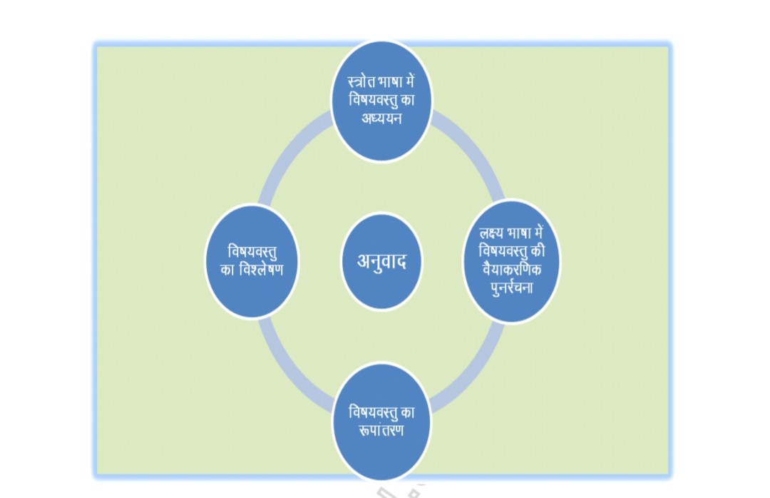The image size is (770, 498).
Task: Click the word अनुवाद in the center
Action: point(381,261)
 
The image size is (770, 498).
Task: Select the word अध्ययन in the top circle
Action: point(381,118)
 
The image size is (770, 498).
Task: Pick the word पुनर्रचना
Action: point(510,287)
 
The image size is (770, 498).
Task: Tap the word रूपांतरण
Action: point(381,430)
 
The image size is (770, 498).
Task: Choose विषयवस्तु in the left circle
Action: point(252,252)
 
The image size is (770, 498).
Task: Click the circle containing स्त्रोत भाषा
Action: point(381,143)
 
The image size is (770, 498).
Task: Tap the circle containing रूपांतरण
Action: point(381,457)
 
